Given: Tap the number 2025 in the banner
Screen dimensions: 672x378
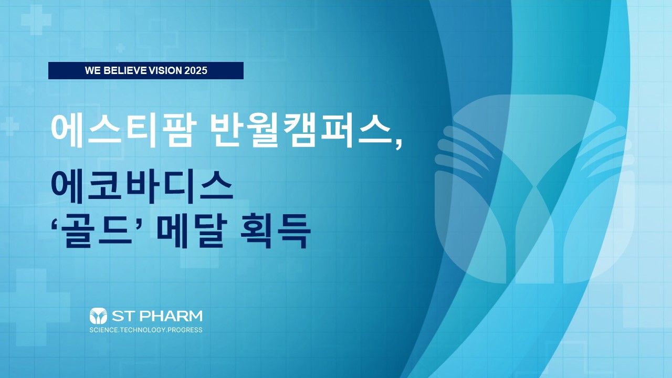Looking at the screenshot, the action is point(196,70).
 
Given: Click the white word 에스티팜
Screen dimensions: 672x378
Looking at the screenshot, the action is point(123,131).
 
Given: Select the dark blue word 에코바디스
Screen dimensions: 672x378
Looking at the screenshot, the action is point(142,186).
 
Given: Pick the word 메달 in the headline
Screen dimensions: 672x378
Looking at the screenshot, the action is point(192,230).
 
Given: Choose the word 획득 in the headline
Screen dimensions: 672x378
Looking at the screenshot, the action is point(275,230).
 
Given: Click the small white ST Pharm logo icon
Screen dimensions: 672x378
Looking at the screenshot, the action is point(98,316).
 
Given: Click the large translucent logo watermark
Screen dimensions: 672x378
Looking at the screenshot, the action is point(535,189).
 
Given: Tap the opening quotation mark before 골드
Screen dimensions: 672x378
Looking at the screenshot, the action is point(56,221).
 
